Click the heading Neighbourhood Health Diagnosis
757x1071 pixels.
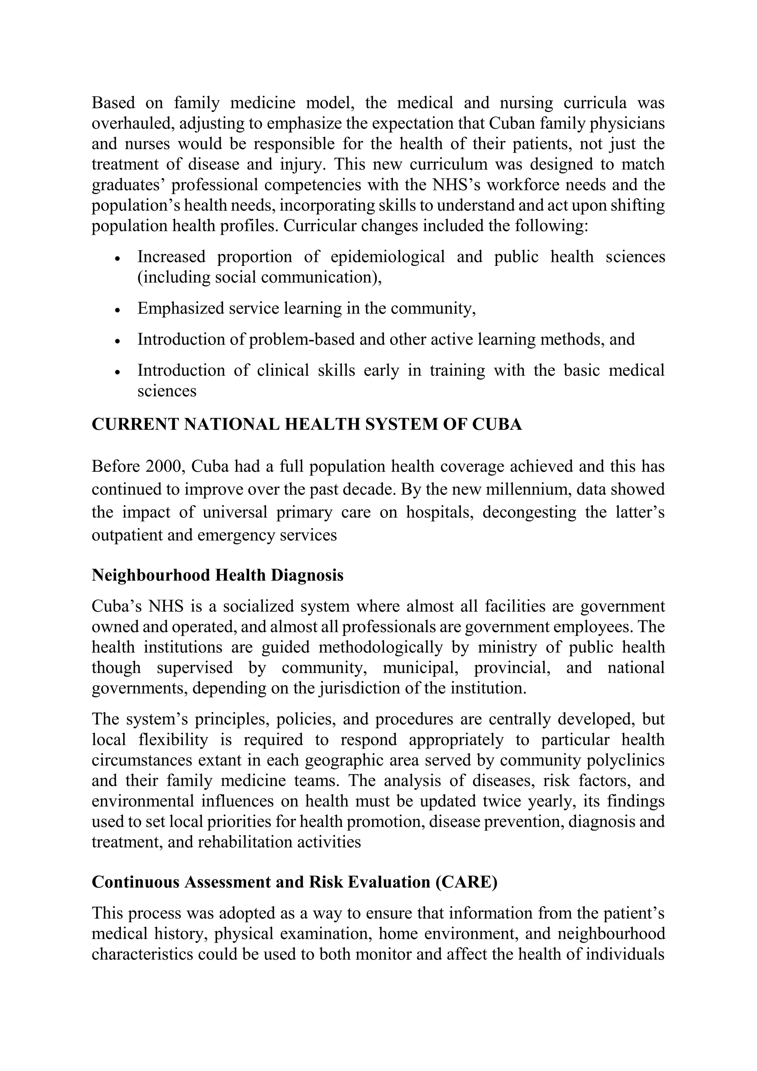pyautogui.click(x=217, y=575)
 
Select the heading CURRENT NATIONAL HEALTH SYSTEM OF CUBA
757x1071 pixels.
pyautogui.click(x=306, y=425)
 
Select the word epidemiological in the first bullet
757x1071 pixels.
pyautogui.click(x=387, y=257)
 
